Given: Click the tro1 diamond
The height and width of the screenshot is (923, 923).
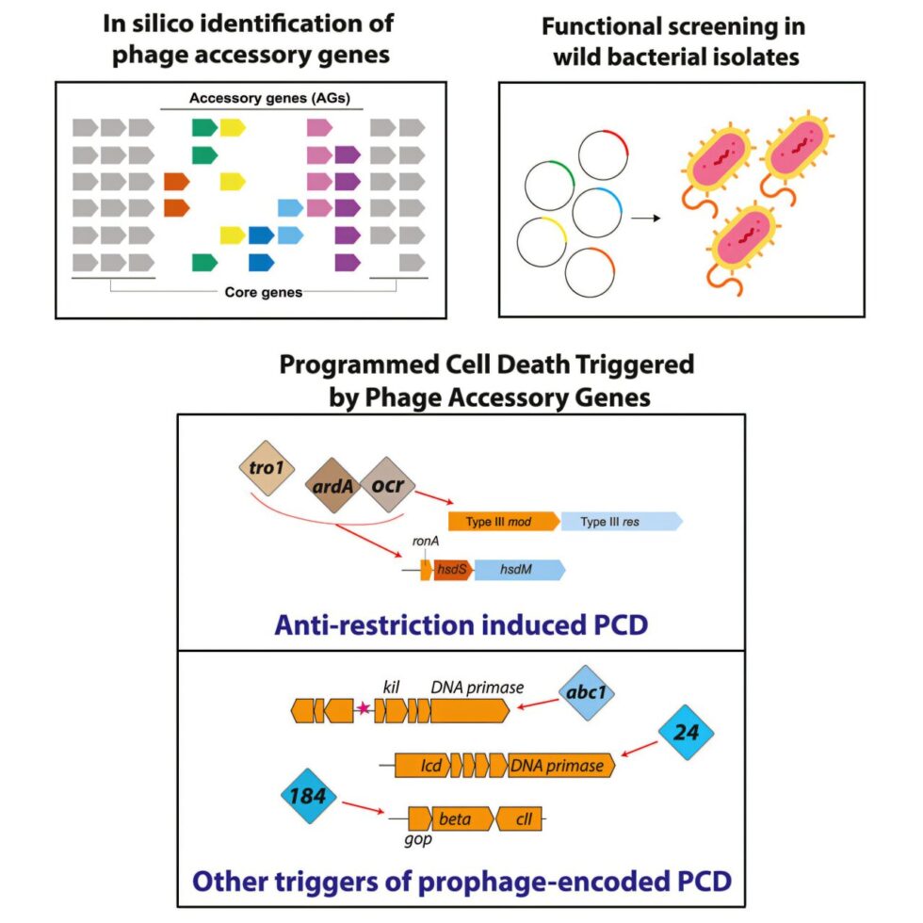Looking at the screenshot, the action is [x=267, y=468].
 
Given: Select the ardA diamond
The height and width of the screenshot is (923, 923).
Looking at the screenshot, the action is [x=333, y=486].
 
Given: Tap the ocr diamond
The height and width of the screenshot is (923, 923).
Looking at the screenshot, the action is [x=387, y=484].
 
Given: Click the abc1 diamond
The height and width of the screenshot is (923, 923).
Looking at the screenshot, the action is [x=586, y=693].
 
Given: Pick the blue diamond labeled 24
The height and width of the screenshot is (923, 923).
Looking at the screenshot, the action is [x=686, y=733].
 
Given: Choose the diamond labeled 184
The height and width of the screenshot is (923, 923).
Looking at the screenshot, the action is [x=309, y=796].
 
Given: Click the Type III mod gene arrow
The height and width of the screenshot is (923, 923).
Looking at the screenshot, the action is [x=504, y=522].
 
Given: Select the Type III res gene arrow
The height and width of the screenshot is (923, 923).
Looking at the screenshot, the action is [x=622, y=522].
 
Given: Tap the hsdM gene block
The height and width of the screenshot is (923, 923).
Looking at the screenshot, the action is [x=520, y=570].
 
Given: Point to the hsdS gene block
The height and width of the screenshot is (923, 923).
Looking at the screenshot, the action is [x=453, y=570].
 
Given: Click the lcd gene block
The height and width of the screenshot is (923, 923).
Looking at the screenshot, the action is [x=423, y=765].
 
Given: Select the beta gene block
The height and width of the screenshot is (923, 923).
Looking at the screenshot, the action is [x=462, y=818].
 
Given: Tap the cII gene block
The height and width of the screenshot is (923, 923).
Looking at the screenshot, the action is [x=519, y=818].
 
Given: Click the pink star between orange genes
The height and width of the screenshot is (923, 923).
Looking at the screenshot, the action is [x=364, y=708].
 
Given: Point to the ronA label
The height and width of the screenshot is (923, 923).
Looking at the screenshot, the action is [x=425, y=541].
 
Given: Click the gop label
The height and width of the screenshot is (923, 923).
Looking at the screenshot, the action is [x=418, y=839].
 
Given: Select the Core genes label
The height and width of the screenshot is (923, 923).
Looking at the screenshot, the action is [x=263, y=293].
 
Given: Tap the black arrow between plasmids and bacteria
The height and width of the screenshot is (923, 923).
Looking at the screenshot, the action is [x=646, y=219].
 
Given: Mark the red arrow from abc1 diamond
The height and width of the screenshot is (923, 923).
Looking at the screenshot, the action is [x=538, y=704].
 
